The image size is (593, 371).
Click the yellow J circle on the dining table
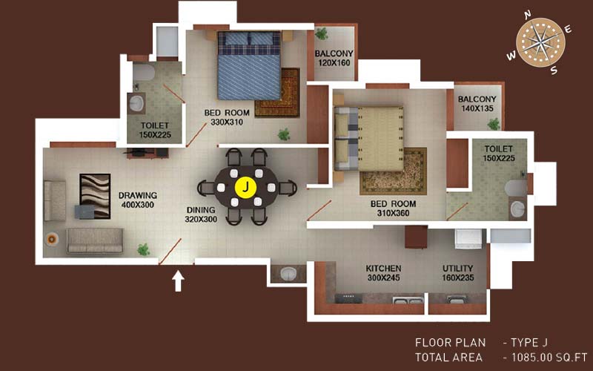(246, 188)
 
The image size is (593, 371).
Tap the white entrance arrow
(178, 282)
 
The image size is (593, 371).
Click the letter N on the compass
(528, 14)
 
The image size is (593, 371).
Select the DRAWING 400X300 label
(138, 200)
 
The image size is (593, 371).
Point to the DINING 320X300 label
(201, 214)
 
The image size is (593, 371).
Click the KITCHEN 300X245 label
(383, 273)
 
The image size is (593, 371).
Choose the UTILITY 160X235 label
(457, 273)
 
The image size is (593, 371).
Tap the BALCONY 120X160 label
(334, 58)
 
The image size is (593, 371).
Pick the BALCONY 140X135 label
(477, 104)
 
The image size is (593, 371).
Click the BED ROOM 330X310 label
(227, 117)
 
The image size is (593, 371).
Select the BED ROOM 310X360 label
(393, 209)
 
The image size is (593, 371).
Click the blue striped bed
(249, 65)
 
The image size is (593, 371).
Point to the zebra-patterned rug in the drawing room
(95, 196)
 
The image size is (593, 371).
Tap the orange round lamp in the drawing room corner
(51, 239)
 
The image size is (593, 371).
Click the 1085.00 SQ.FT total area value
(549, 357)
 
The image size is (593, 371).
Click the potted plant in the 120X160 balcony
(322, 33)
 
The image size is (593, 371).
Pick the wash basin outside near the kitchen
(289, 273)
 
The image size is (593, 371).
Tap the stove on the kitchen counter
(348, 298)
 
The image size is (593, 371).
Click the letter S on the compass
(554, 70)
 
